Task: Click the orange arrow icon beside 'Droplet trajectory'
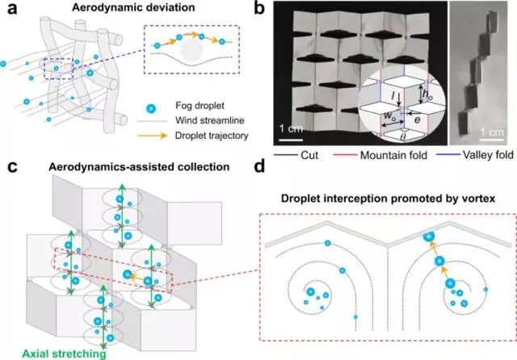tap(158, 140)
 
